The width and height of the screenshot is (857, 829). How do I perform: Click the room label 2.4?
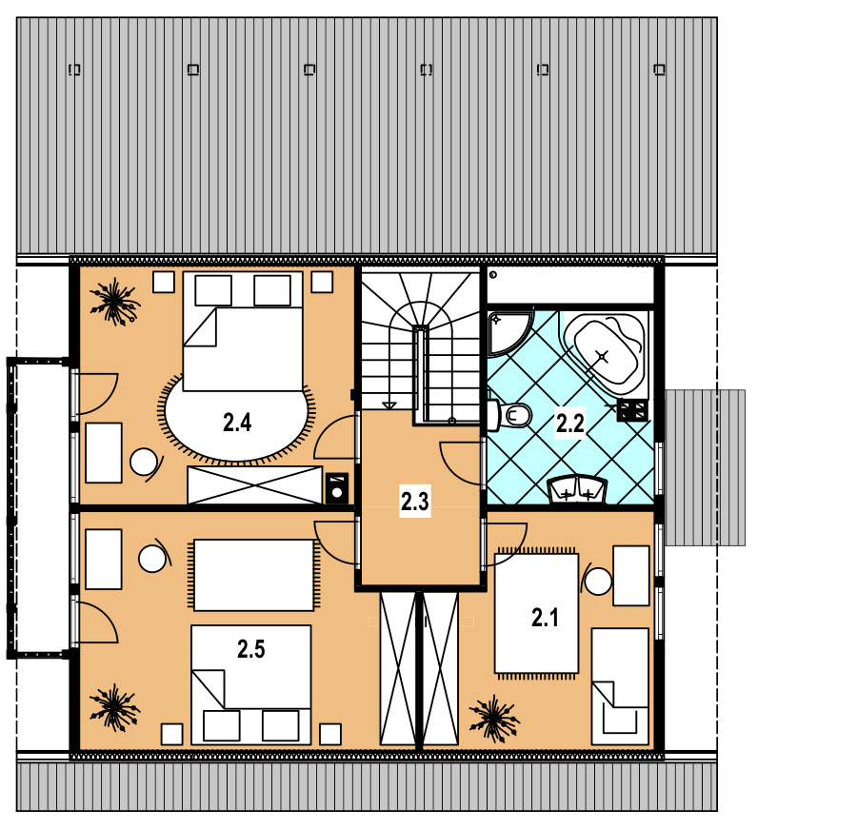click(x=237, y=423)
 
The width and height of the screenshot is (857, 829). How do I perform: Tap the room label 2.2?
click(x=570, y=423)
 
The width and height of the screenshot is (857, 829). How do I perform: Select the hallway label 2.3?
click(x=415, y=502)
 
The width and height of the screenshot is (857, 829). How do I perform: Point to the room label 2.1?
click(x=545, y=618)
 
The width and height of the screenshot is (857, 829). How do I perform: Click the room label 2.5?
click(x=250, y=649)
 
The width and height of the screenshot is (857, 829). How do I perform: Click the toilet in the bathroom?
click(x=509, y=415)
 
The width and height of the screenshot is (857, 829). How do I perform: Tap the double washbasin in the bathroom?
click(x=577, y=489)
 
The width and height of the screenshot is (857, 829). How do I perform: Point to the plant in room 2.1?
click(x=494, y=719)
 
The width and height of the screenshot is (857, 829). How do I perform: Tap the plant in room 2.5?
click(x=115, y=708)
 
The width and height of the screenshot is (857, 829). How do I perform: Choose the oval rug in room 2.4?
click(x=237, y=421)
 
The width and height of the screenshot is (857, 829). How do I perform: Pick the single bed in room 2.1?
click(x=620, y=686)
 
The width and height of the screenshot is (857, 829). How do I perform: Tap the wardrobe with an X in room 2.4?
click(x=254, y=484)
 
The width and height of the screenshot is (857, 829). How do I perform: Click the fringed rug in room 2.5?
click(x=253, y=575)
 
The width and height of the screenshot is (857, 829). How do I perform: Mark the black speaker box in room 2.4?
click(x=337, y=488)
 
